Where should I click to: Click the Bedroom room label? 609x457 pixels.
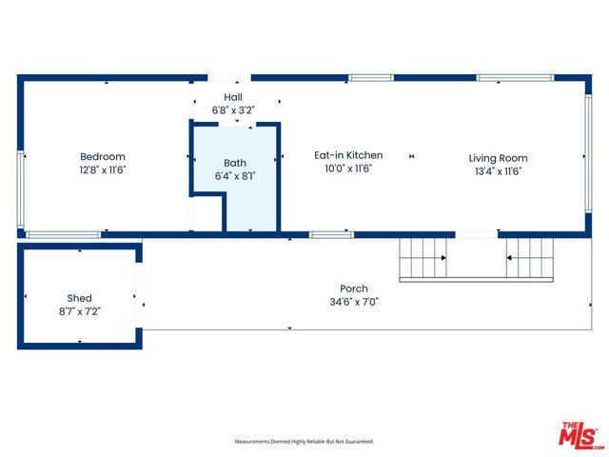point(102,157)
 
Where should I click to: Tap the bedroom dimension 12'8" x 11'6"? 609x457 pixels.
point(102,169)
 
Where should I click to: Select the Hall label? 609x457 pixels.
point(233,97)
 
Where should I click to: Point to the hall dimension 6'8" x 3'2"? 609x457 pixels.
point(233,109)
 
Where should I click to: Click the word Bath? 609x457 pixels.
point(234,163)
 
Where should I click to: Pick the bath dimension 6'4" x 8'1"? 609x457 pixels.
point(234,175)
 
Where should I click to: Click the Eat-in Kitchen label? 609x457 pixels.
point(348,155)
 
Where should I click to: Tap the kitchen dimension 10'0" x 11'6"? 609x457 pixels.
point(348,169)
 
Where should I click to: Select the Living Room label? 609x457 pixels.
point(498,158)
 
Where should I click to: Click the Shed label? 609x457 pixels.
point(79,298)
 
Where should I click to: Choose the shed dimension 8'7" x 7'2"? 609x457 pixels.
point(79,310)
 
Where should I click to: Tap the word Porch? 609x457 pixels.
point(354,288)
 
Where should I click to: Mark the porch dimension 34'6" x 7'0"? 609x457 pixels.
point(354,302)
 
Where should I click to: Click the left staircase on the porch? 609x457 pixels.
point(422,257)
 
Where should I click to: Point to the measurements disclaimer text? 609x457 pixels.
point(304,442)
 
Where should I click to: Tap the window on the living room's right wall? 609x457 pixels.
point(586,155)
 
